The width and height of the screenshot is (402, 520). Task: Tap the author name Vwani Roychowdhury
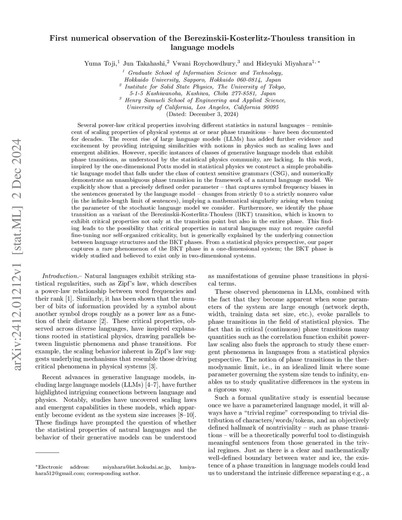[204, 63]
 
